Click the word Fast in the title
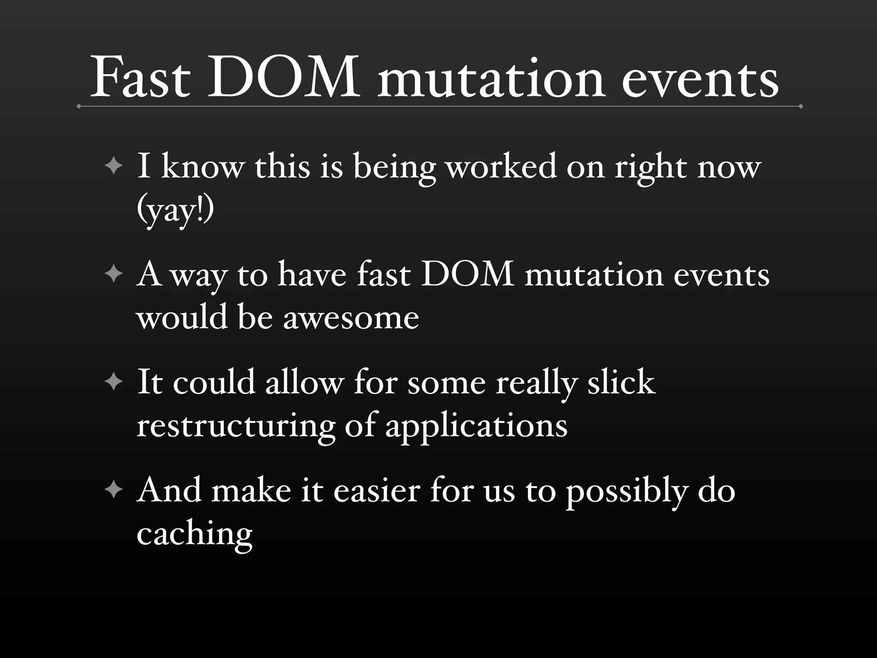click(140, 77)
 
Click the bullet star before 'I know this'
click(113, 166)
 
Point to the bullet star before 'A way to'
click(113, 274)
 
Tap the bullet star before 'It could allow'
click(113, 381)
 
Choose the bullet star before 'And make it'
click(113, 490)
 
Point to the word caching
click(194, 534)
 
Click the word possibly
click(626, 491)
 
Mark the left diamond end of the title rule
click(79, 106)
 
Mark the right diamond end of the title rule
click(800, 106)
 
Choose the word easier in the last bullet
click(376, 490)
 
